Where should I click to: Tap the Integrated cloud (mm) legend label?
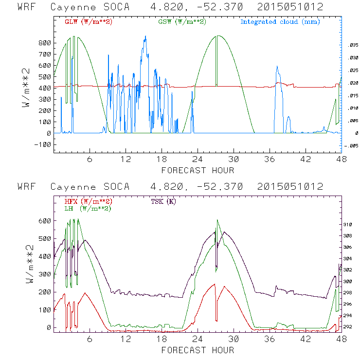tap(280, 22)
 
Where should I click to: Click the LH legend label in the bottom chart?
tap(88, 208)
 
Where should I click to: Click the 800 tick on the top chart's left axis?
tap(45, 43)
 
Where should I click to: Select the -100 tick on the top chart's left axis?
tap(43, 144)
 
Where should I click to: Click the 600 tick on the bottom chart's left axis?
tap(45, 221)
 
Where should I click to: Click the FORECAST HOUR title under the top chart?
tap(197, 170)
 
